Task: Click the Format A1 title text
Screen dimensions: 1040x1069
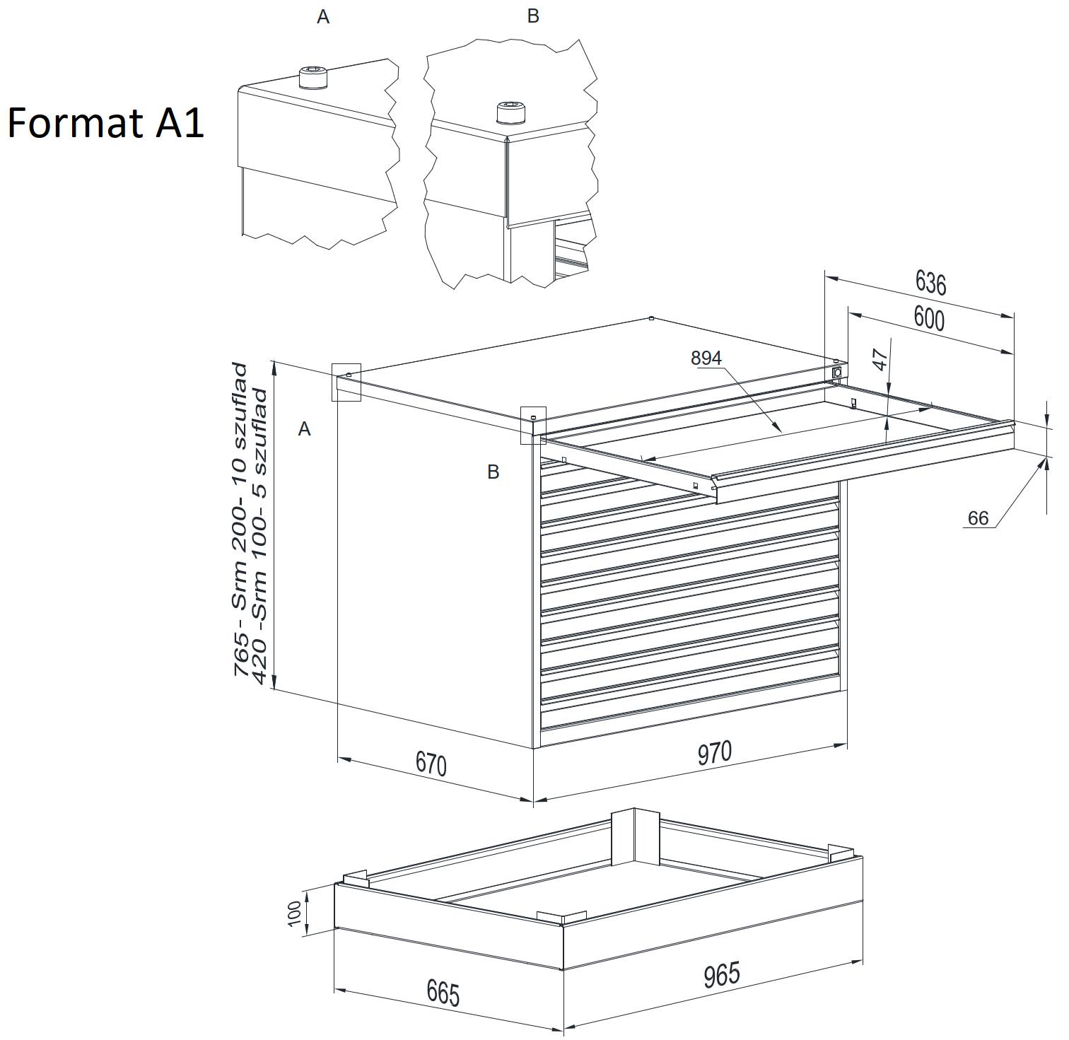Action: (106, 123)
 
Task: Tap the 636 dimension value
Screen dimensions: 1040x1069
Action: (930, 283)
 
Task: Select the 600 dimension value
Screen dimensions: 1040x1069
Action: (929, 320)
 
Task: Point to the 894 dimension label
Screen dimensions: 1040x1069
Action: (706, 358)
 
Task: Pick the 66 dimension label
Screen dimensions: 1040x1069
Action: (978, 518)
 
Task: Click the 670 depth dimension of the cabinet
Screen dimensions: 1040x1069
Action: (431, 764)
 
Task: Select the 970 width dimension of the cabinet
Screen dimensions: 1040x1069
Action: (715, 753)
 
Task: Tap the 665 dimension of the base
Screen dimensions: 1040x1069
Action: (443, 993)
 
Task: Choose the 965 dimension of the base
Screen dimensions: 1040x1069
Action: (722, 974)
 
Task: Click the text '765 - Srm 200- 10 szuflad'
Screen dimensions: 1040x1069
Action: (241, 520)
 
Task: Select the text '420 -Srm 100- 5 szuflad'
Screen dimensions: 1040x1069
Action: (260, 536)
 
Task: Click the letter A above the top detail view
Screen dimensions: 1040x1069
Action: (323, 17)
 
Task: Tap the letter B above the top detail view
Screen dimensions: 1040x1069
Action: (533, 16)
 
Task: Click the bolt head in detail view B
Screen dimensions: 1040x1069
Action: (511, 112)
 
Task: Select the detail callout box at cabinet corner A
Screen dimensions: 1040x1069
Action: (346, 382)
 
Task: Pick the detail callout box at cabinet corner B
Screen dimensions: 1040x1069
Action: (533, 425)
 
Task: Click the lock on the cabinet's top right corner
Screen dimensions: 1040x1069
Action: (838, 371)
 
